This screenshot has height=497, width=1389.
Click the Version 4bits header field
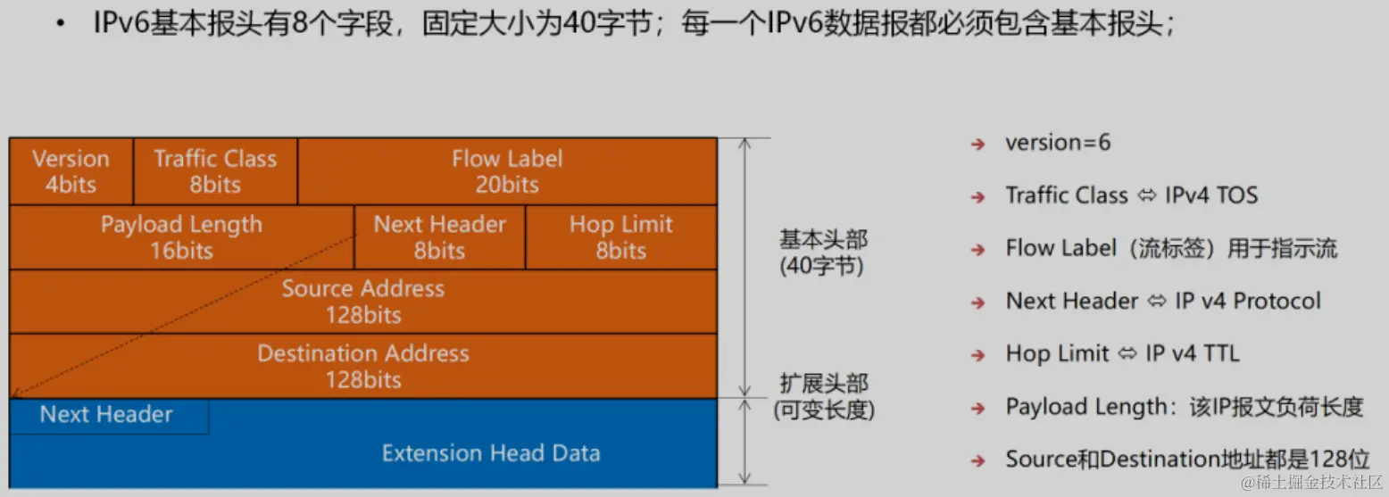(x=71, y=171)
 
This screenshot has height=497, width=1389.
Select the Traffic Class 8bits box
(x=215, y=171)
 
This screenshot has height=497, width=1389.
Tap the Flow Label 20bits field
(x=507, y=171)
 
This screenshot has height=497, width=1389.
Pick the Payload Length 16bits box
(x=182, y=237)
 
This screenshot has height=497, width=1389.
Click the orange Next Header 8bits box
(x=440, y=237)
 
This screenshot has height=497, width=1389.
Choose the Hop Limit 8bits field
(x=621, y=237)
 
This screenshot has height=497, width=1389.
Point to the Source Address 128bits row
(x=363, y=302)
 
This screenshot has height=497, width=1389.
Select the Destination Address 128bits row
(x=363, y=366)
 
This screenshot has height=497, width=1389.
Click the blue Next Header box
(x=109, y=416)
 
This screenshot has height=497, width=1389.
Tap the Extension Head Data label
(x=491, y=453)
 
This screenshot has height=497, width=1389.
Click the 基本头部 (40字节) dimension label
(x=823, y=253)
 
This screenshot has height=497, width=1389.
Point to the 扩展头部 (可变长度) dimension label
(x=824, y=396)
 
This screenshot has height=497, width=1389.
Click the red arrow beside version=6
(x=977, y=145)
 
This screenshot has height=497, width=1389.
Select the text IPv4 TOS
(x=1211, y=195)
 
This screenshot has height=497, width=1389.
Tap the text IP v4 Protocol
(x=1248, y=302)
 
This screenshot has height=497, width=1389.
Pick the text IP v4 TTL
(x=1192, y=354)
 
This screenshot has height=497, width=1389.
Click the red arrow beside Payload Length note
(x=977, y=409)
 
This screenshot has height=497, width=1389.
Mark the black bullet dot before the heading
(x=60, y=24)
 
